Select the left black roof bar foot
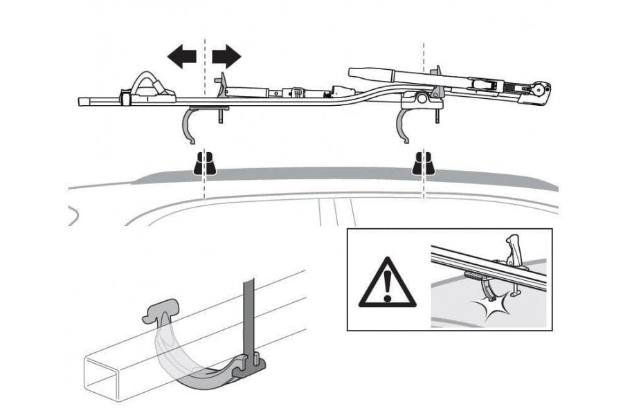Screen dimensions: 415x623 point(204,164)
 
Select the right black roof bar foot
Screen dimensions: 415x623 point(423,164)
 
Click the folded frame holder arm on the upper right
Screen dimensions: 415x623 point(388,74)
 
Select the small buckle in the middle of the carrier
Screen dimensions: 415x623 point(298,92)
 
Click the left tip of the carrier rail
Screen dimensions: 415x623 point(81,102)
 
